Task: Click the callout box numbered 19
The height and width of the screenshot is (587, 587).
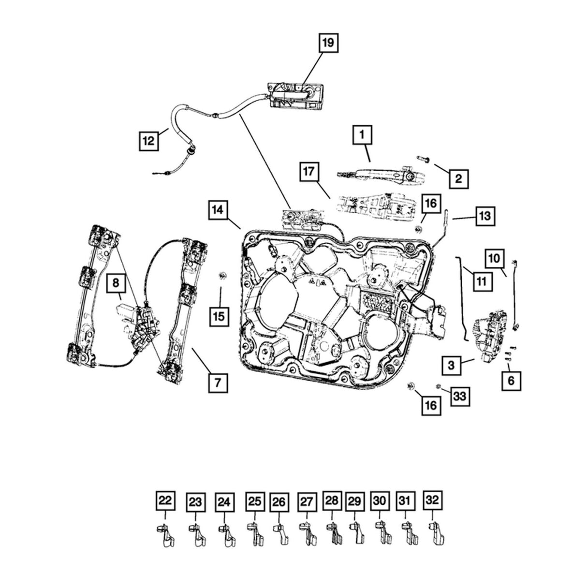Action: coord(327,43)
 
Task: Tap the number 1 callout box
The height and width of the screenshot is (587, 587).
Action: coord(363,135)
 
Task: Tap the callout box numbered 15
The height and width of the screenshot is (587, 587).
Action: coord(218,316)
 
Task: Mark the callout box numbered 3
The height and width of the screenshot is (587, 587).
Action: coord(451,366)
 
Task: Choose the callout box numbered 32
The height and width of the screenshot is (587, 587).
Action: coord(433,500)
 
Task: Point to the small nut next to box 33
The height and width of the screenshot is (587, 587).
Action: coord(438,386)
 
